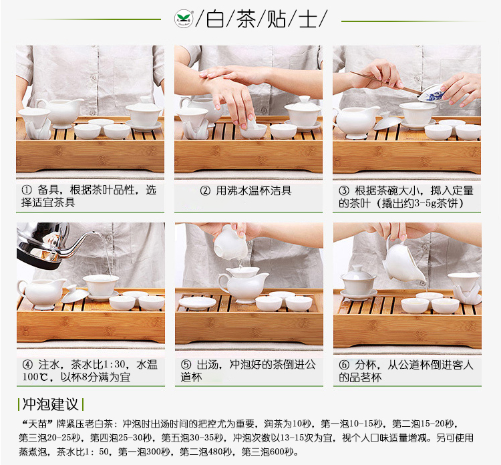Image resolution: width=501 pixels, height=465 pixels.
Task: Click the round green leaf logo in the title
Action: pyautogui.click(x=184, y=18)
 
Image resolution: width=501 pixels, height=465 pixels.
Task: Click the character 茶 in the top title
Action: pyautogui.click(x=246, y=19)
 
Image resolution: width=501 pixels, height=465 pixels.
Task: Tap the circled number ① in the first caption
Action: pyautogui.click(x=26, y=190)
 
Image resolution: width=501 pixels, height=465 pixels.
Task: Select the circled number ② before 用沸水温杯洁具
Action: pyautogui.click(x=205, y=191)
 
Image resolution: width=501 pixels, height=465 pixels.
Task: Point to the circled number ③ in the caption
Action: pyautogui.click(x=344, y=191)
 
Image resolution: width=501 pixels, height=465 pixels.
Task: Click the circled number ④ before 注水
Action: pyautogui.click(x=27, y=365)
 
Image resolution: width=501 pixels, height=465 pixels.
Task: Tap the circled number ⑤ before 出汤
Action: pyautogui.click(x=186, y=365)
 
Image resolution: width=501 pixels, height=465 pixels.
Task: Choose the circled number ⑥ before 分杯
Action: pyautogui.click(x=344, y=365)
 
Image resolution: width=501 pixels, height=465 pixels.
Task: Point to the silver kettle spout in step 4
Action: pyautogui.click(x=81, y=244)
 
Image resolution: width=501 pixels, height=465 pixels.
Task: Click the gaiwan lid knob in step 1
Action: pyautogui.click(x=145, y=100)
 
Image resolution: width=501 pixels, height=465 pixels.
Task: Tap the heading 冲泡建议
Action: pyautogui.click(x=51, y=404)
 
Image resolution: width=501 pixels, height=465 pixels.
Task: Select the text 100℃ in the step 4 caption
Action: pyautogui.click(x=35, y=377)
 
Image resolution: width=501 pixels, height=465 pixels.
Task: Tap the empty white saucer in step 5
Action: pyautogui.click(x=198, y=303)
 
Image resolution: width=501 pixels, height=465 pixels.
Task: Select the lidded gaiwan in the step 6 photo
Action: pyautogui.click(x=358, y=283)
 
